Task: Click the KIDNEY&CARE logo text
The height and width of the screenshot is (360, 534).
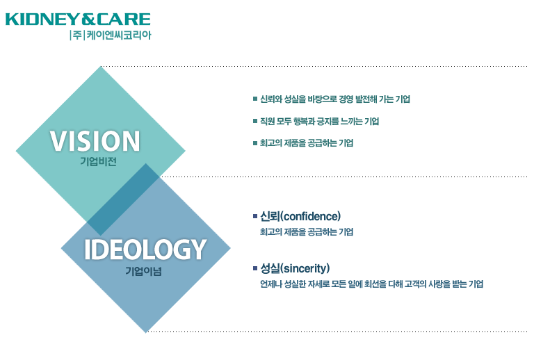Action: (x=78, y=19)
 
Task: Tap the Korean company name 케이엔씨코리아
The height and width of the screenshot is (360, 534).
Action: (x=118, y=35)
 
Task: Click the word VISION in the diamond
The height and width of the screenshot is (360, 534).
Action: (x=95, y=141)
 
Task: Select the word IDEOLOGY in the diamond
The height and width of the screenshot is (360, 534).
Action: (x=145, y=249)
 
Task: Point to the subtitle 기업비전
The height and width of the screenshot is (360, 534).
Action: (x=99, y=161)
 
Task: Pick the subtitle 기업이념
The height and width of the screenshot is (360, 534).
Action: (x=143, y=271)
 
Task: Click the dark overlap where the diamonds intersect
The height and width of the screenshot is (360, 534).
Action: (x=123, y=199)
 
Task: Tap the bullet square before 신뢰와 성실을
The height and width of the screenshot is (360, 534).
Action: (x=255, y=99)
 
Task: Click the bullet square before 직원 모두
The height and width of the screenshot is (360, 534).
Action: (x=255, y=121)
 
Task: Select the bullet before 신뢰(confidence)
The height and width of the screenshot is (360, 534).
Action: (x=255, y=216)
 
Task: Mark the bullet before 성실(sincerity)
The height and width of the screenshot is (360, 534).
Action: (x=255, y=268)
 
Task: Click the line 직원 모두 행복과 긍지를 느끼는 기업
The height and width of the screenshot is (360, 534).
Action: (x=319, y=121)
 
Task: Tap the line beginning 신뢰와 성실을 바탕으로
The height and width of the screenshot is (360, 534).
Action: (x=335, y=99)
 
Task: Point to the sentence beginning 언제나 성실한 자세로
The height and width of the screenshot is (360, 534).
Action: (x=371, y=284)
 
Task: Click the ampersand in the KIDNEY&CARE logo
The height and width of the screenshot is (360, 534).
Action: (x=89, y=19)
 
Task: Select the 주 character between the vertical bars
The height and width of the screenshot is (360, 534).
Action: (x=77, y=35)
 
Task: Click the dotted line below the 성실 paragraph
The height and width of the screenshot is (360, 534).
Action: (x=337, y=332)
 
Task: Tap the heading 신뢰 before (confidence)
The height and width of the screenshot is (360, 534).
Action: (x=270, y=216)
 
